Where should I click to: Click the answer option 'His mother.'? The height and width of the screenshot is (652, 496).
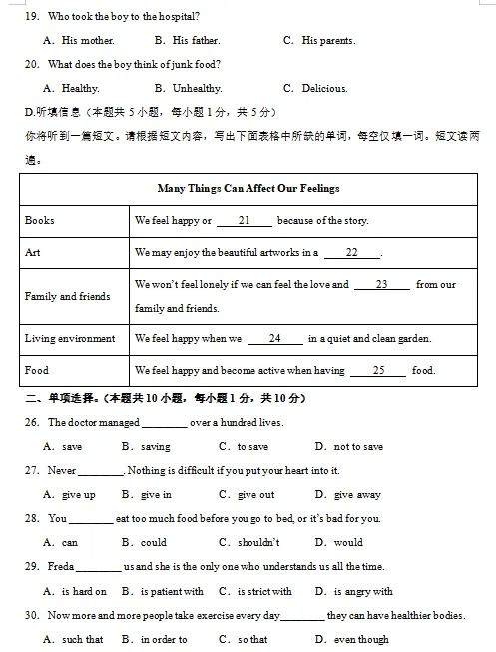click(x=88, y=41)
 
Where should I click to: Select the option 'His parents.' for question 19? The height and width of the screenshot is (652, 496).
click(x=328, y=41)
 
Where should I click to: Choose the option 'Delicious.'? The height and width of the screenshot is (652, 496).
click(x=324, y=89)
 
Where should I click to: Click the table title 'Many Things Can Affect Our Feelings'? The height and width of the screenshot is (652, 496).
click(x=248, y=188)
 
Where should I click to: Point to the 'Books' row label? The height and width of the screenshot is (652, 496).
click(x=40, y=220)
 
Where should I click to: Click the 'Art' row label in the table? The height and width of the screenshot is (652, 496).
click(x=33, y=252)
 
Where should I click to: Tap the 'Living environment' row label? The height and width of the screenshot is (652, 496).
click(x=70, y=339)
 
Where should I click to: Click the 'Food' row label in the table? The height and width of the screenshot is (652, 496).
click(x=37, y=371)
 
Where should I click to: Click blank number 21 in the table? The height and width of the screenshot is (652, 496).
click(x=243, y=221)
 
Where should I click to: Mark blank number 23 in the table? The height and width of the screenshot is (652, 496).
click(x=381, y=285)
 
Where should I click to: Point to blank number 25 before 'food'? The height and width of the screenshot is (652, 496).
click(x=378, y=371)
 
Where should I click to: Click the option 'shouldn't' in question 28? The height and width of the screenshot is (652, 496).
click(x=258, y=543)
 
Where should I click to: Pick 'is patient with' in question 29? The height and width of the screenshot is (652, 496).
click(x=175, y=591)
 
